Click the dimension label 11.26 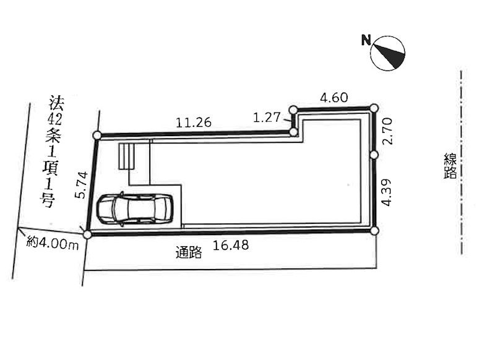point(193,122)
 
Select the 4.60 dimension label point(334,98)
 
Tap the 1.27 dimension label point(267,118)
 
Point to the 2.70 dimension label point(388,131)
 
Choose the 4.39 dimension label point(386,192)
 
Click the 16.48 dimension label point(230,245)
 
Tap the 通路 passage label point(189,252)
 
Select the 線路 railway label point(450,166)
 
